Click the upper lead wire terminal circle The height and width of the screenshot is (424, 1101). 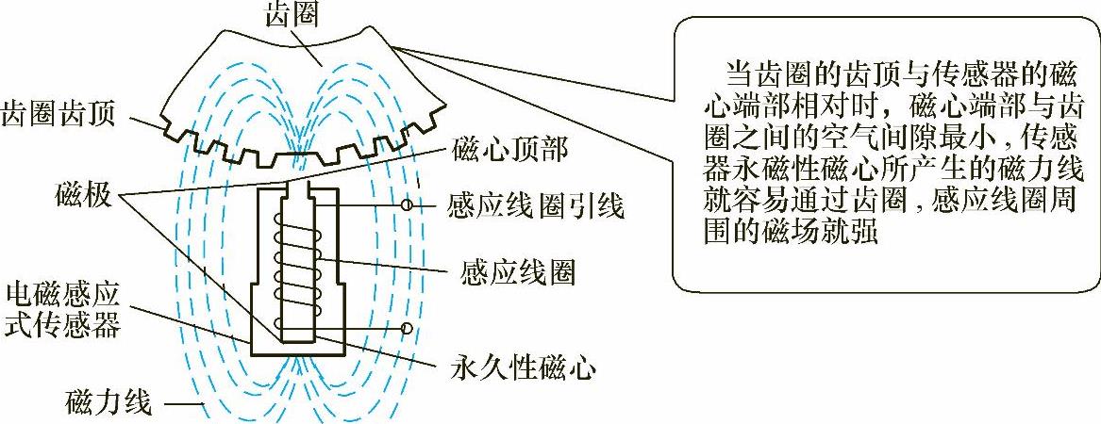click(409, 204)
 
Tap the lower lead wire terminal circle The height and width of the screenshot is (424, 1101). click(407, 328)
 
